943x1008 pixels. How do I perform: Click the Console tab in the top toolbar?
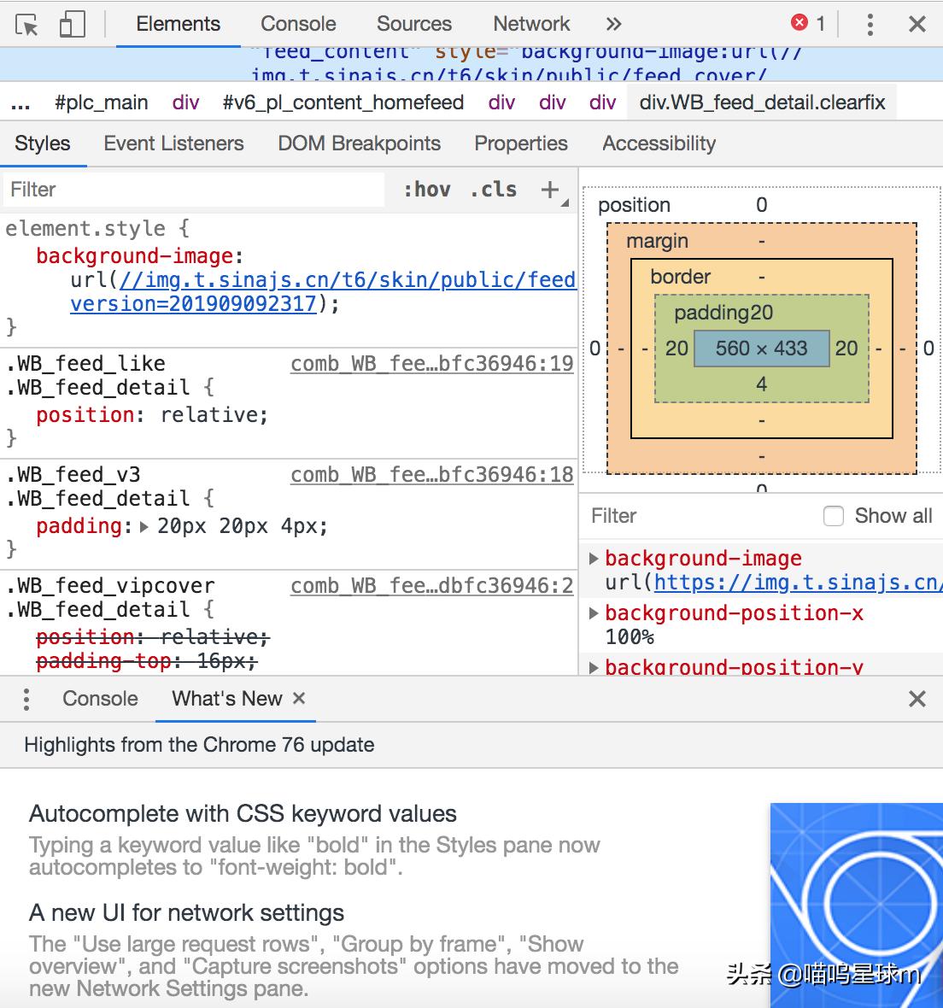click(x=298, y=24)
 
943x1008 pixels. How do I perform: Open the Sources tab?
click(x=414, y=24)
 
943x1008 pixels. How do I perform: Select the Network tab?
click(x=531, y=24)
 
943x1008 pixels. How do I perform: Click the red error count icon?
click(x=799, y=23)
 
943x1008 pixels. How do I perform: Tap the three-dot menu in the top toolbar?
click(x=870, y=24)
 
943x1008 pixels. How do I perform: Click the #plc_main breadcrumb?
click(x=101, y=103)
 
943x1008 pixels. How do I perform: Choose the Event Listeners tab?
click(x=173, y=144)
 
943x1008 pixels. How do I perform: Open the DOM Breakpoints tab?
click(x=359, y=144)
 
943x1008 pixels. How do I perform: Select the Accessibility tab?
click(x=659, y=144)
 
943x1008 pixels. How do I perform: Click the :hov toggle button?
click(x=427, y=190)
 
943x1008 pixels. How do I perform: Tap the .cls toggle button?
click(x=494, y=190)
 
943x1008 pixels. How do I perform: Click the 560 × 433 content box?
click(x=761, y=349)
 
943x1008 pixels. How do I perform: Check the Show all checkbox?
click(x=834, y=516)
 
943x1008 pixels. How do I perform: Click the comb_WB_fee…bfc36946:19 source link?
click(x=431, y=364)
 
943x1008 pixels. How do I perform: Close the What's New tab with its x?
click(x=299, y=698)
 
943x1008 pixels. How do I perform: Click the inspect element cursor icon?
click(x=27, y=25)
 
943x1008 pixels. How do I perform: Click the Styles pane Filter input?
click(x=192, y=190)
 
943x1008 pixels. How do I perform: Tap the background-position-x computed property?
click(x=734, y=613)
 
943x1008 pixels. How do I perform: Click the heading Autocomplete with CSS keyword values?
click(x=243, y=813)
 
